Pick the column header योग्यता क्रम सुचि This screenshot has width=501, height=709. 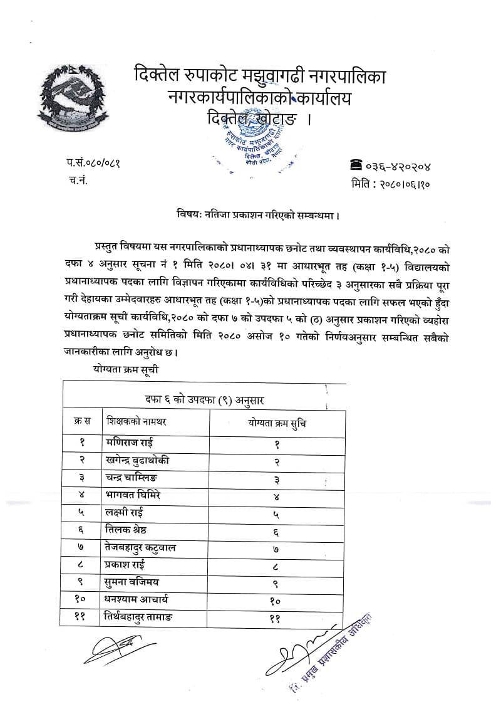click(x=277, y=423)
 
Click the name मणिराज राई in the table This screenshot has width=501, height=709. click(x=130, y=443)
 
